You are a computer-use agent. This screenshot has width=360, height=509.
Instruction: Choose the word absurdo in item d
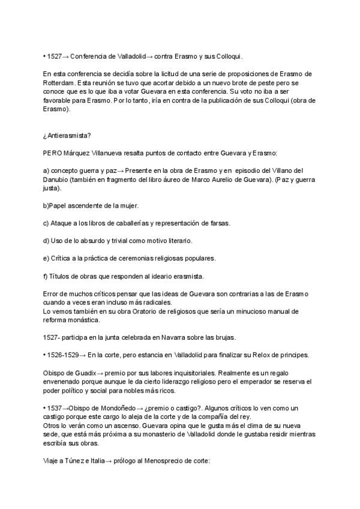(x=103, y=241)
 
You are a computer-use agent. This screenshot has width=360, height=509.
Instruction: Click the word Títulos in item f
(x=61, y=276)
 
